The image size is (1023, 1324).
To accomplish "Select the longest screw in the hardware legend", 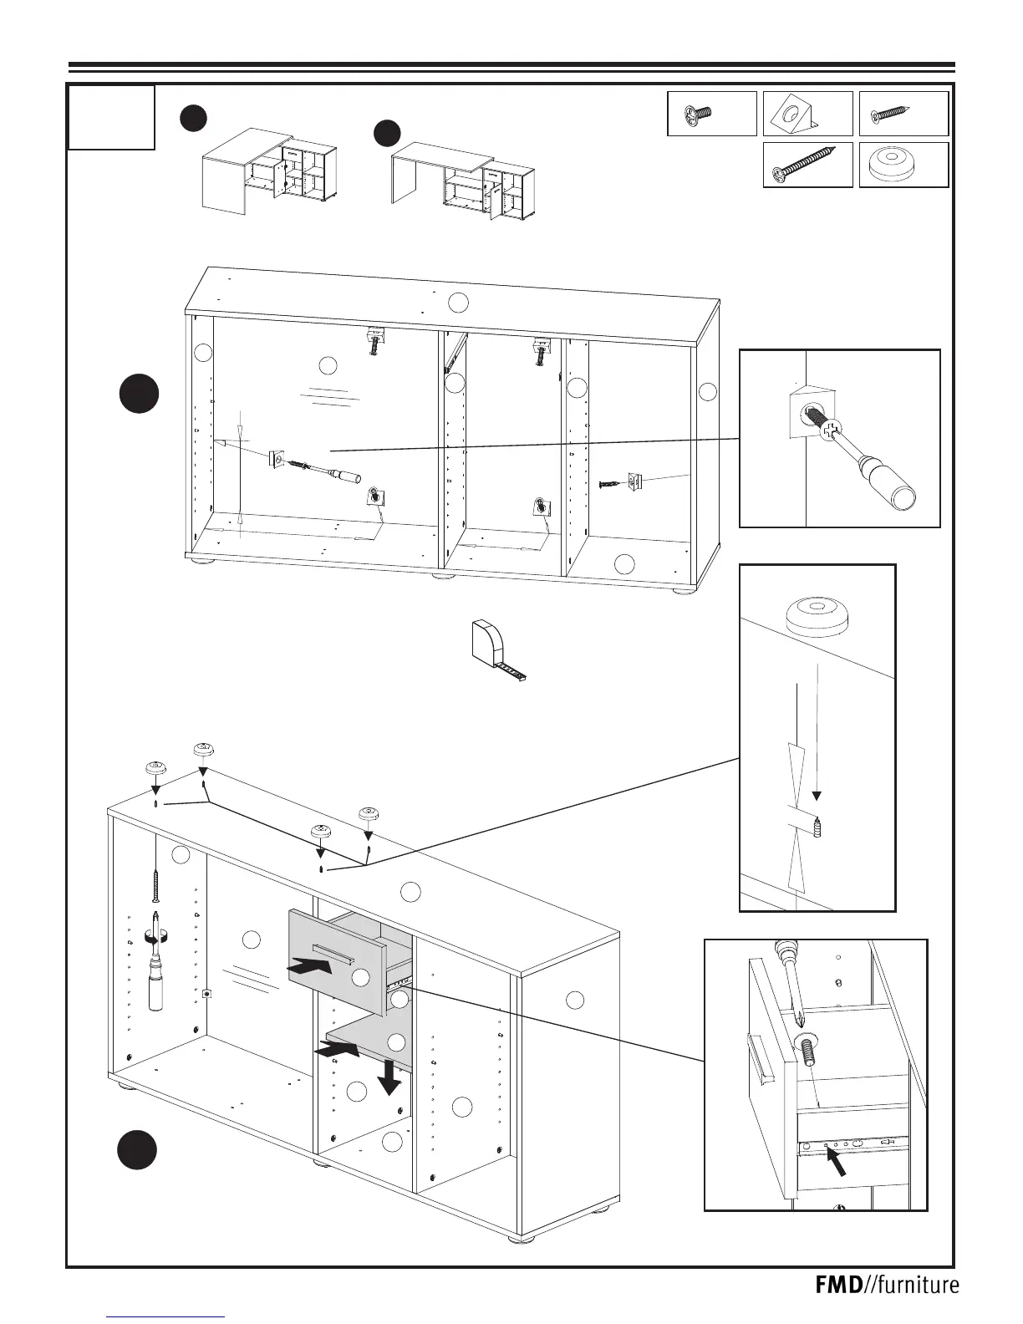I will pyautogui.click(x=805, y=165).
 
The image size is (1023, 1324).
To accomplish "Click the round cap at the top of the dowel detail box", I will pyautogui.click(x=817, y=615).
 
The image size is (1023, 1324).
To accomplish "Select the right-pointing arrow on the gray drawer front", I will pyautogui.click(x=308, y=966).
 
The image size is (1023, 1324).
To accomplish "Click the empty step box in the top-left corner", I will pyautogui.click(x=111, y=116).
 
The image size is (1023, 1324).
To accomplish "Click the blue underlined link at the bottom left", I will pyautogui.click(x=166, y=1316).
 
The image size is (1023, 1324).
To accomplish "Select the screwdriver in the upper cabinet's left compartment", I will pyautogui.click(x=326, y=471).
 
